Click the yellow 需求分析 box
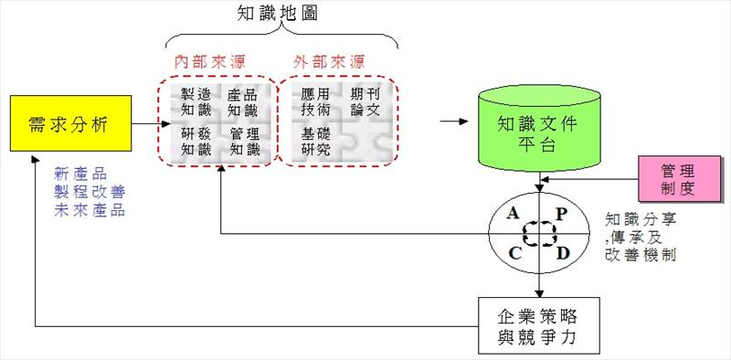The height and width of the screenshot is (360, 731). click(69, 124)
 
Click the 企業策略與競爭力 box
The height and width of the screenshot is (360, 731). click(540, 326)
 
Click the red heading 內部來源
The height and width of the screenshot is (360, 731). click(211, 63)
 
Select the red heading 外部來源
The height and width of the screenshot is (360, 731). click(329, 63)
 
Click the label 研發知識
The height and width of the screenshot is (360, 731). click(196, 142)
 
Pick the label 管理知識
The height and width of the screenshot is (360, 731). click(244, 142)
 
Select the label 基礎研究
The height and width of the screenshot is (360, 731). click(315, 142)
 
